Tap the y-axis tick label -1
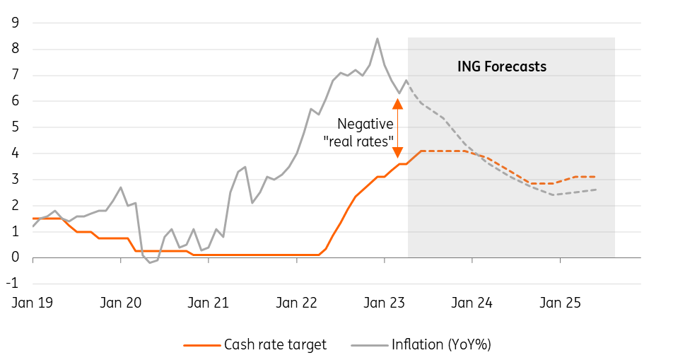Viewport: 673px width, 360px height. (x=12, y=284)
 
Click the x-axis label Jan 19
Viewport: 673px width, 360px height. (x=33, y=303)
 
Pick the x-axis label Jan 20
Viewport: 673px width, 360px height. (x=121, y=303)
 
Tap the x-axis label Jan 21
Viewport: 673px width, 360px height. (x=209, y=303)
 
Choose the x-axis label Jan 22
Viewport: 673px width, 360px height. (x=297, y=303)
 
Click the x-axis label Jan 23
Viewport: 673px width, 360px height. (x=384, y=303)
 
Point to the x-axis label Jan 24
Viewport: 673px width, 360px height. (x=472, y=303)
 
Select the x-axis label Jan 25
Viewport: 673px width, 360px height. (x=560, y=303)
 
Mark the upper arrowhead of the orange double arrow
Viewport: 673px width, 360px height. (x=397, y=104)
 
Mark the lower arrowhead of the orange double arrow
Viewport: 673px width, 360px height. (x=397, y=152)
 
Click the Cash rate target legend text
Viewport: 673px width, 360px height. (x=275, y=345)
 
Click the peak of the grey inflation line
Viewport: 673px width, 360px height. (x=377, y=39)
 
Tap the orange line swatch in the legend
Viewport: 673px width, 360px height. (x=200, y=345)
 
